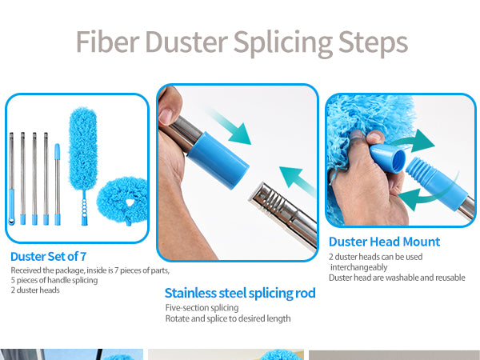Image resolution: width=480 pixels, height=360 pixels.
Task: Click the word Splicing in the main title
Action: click(x=283, y=43)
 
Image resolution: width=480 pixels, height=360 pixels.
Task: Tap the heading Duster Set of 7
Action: click(x=48, y=257)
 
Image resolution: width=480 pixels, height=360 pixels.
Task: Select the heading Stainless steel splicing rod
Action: click(x=240, y=293)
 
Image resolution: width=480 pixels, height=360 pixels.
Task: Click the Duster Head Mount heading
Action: click(x=384, y=242)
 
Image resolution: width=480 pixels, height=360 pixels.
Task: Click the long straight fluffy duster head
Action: click(x=83, y=149)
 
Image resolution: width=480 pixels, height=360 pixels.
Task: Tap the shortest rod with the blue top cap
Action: click(x=58, y=184)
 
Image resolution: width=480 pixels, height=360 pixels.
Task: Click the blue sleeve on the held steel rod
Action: click(x=218, y=160)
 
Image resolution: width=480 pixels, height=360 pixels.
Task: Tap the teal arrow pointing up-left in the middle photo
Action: click(x=296, y=181)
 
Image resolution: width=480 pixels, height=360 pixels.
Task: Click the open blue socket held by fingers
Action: click(x=388, y=158)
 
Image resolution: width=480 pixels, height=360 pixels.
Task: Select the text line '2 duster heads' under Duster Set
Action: click(x=35, y=290)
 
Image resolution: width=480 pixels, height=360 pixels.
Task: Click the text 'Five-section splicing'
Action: click(x=202, y=308)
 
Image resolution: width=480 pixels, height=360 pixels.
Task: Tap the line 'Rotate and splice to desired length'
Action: click(x=228, y=318)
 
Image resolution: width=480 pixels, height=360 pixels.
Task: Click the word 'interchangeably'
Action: click(x=358, y=267)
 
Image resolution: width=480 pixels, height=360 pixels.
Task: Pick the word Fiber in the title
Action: click(x=108, y=42)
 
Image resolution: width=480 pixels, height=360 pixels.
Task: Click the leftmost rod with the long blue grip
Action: click(x=11, y=178)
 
